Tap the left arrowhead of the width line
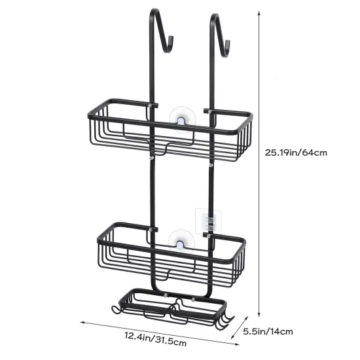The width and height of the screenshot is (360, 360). coord(84,323)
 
